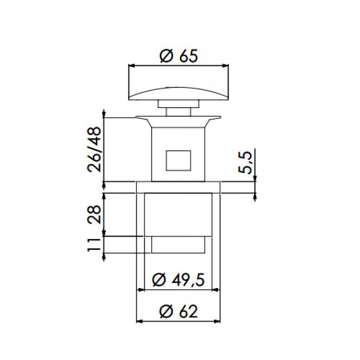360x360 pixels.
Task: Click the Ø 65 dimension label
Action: point(178,57)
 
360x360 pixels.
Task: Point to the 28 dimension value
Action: point(94,214)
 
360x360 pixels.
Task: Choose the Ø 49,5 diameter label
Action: point(179,280)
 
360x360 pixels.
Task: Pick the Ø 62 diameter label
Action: point(178,311)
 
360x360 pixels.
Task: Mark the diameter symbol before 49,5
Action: point(160,280)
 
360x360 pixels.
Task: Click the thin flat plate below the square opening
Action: point(178,187)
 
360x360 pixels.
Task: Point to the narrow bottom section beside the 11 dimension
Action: point(178,245)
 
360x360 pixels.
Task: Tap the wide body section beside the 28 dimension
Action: point(178,214)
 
